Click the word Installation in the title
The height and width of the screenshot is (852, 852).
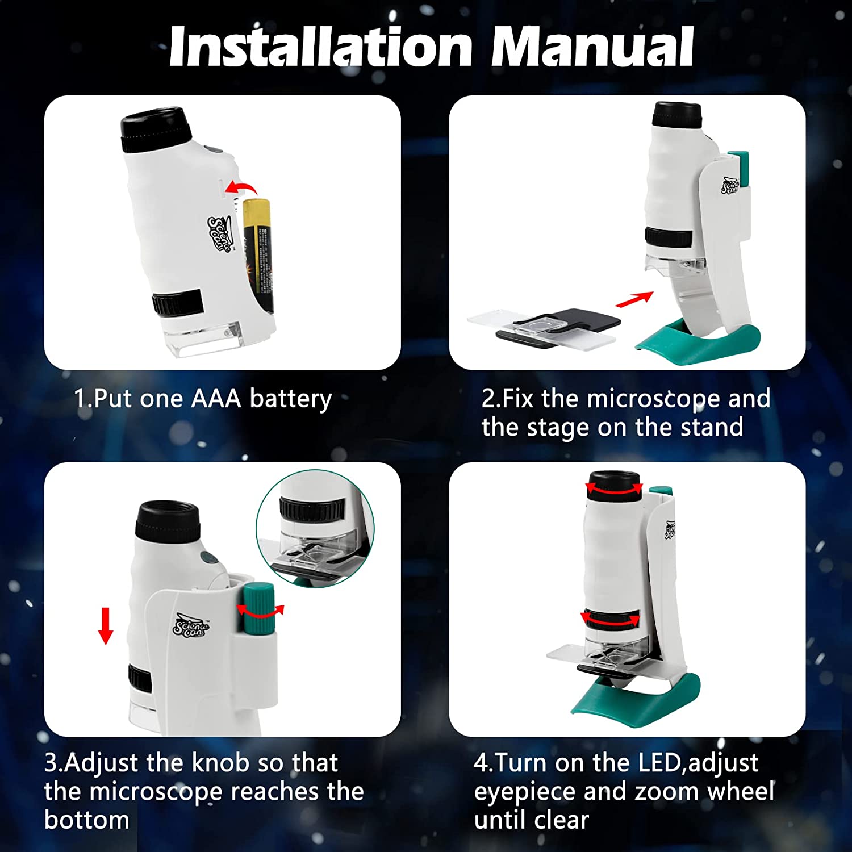tap(320, 47)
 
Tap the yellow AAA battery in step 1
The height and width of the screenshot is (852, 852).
tap(258, 256)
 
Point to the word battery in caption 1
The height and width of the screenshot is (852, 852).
tap(291, 399)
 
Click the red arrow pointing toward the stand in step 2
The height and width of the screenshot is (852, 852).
tap(634, 299)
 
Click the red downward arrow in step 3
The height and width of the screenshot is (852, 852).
tap(106, 626)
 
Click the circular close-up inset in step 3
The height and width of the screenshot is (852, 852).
tap(315, 528)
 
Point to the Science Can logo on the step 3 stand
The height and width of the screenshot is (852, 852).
tap(191, 625)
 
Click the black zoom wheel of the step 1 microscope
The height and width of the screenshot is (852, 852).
tap(177, 303)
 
